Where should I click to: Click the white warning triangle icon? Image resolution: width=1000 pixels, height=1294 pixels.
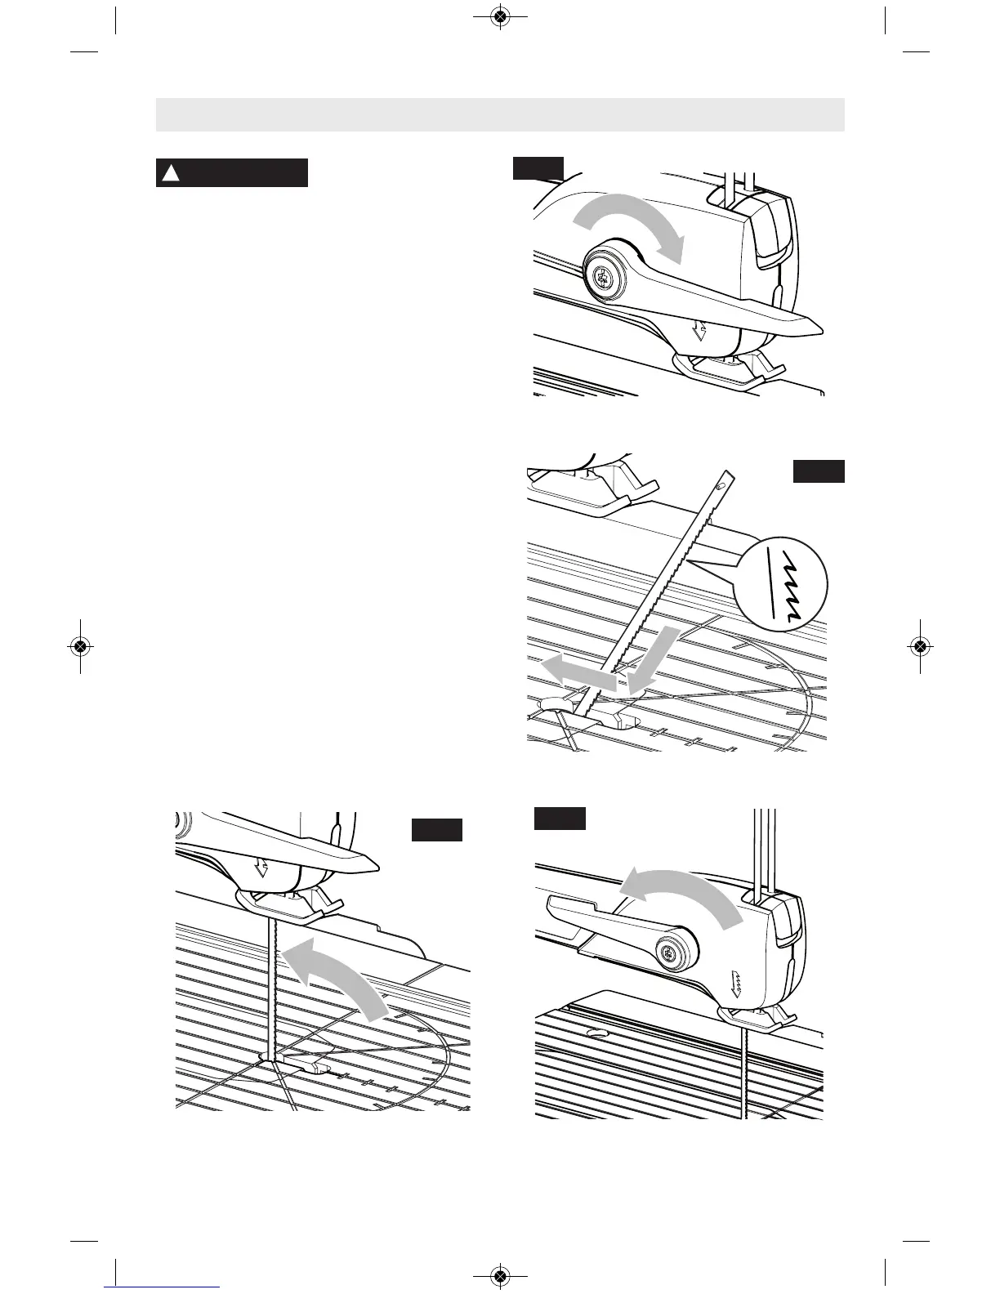(170, 173)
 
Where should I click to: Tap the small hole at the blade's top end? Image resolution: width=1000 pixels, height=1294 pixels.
(719, 485)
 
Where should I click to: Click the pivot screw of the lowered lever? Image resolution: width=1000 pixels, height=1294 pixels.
(603, 279)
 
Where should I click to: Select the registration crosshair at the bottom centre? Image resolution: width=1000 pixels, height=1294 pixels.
(500, 1275)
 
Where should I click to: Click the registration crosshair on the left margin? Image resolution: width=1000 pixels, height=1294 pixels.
(79, 645)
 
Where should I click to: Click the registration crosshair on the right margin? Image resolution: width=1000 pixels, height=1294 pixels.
(920, 645)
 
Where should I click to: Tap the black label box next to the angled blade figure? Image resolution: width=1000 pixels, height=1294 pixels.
(819, 471)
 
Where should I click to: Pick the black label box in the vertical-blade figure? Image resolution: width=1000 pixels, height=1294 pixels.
(437, 830)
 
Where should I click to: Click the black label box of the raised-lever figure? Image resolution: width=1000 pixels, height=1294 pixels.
(560, 819)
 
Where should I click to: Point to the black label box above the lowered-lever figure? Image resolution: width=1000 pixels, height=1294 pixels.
(538, 167)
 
